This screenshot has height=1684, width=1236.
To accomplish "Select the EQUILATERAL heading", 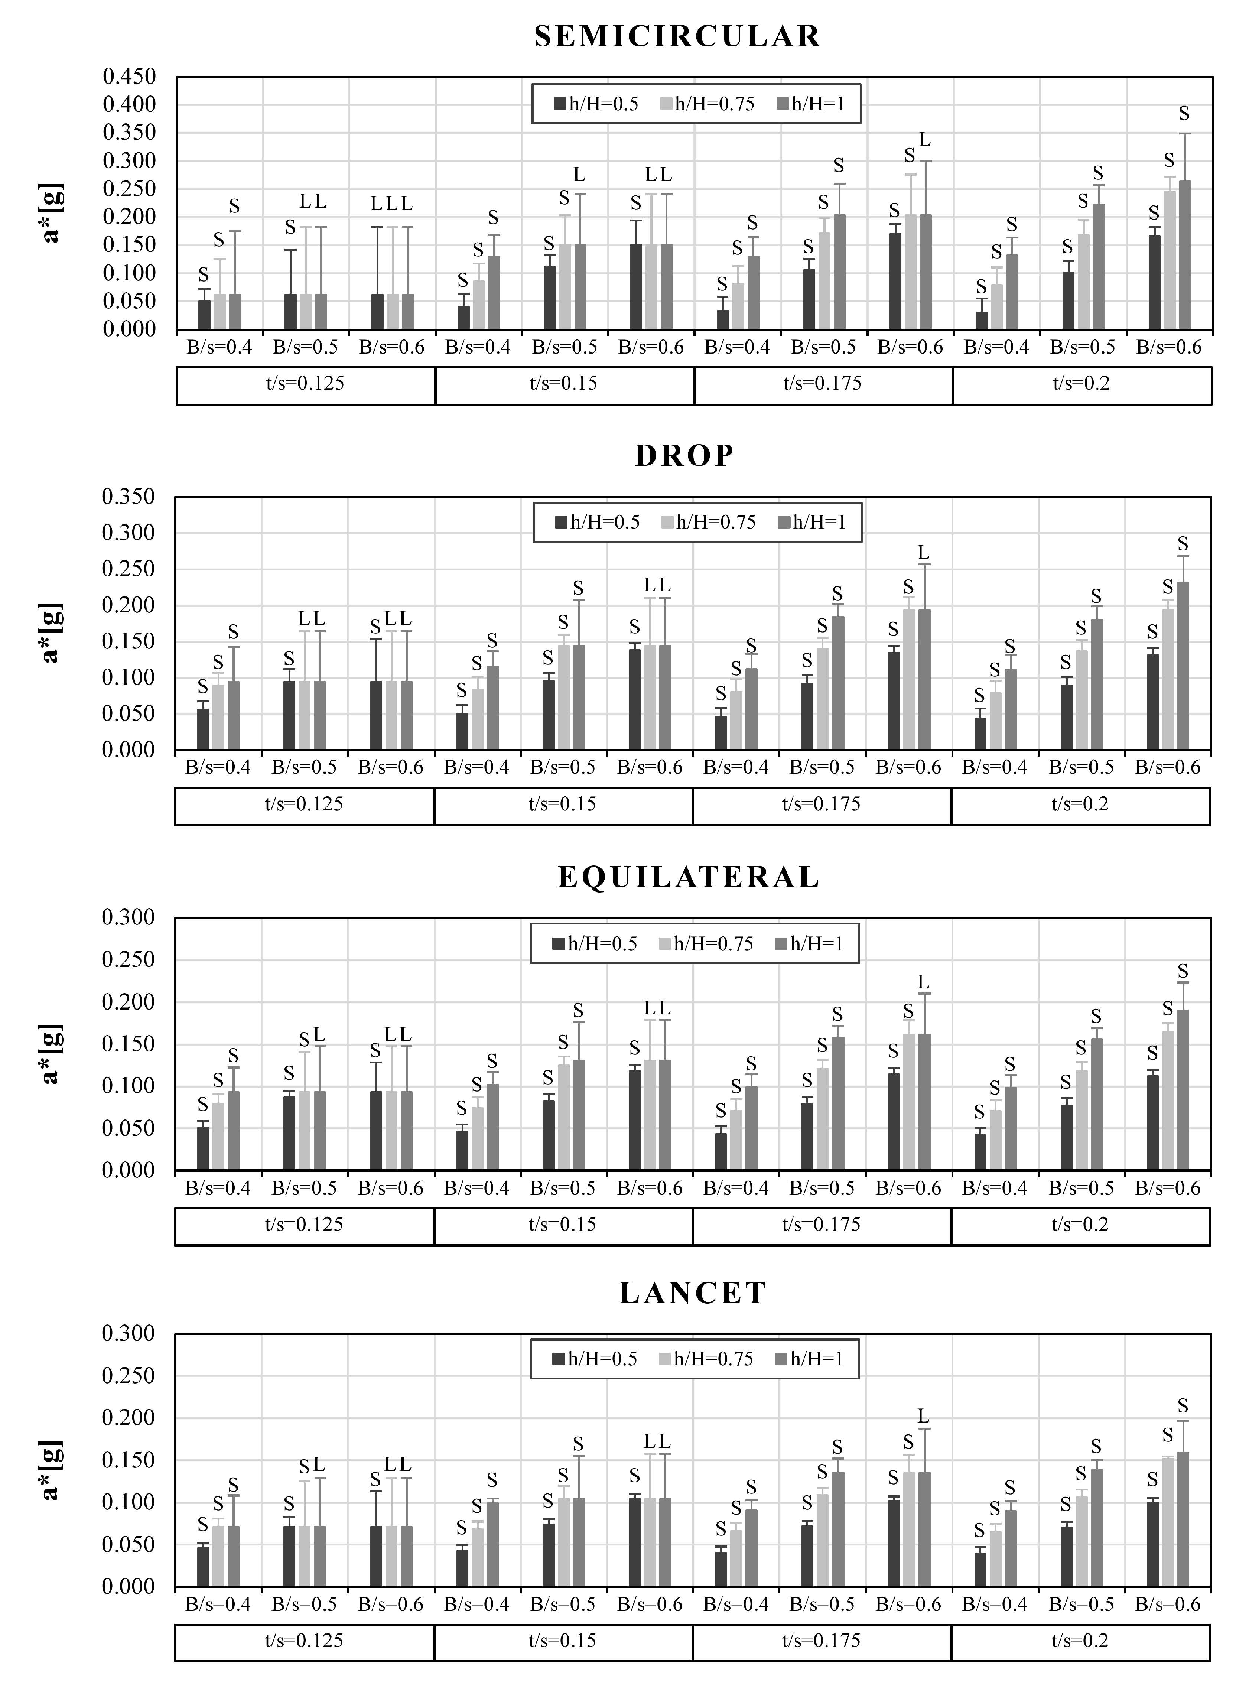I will pos(688,877).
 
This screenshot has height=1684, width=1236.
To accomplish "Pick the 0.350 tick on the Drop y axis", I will pos(129,497).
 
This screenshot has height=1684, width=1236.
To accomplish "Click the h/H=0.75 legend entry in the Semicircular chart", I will pos(707,104).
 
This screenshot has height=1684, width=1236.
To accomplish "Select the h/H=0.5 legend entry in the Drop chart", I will pos(598,522).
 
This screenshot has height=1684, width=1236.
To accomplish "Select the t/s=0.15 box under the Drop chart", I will pos(563,804).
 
